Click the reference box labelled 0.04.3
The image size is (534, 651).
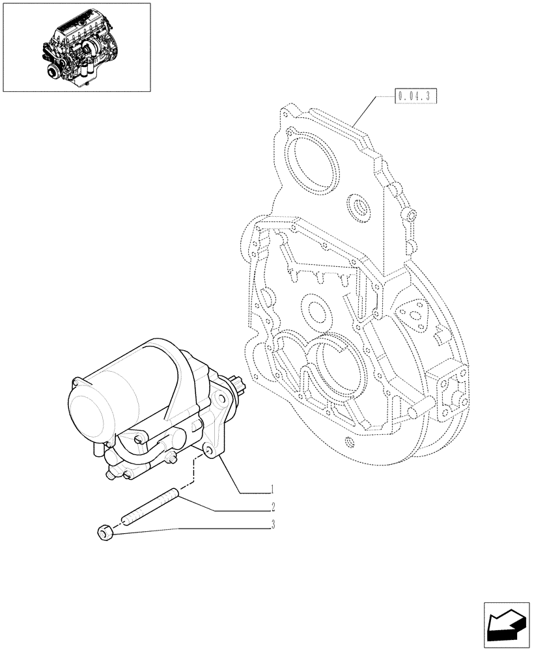click(415, 98)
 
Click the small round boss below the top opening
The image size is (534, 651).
click(358, 208)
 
